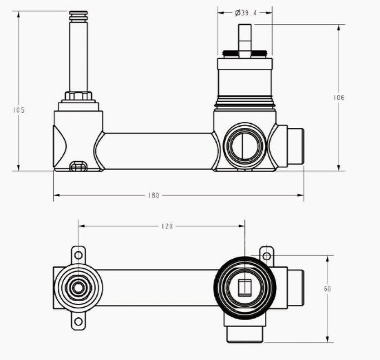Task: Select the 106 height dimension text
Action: [x=339, y=98]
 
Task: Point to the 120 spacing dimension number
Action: [x=167, y=226]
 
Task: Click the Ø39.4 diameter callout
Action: [x=245, y=12]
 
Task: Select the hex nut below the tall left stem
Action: [x=78, y=95]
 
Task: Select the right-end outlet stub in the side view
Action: [x=295, y=146]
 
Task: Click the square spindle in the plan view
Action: [x=244, y=288]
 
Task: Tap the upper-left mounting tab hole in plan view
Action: [x=78, y=255]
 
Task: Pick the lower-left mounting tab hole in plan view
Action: [x=78, y=321]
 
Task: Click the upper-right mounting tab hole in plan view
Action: [x=266, y=255]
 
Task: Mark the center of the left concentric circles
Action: [x=78, y=288]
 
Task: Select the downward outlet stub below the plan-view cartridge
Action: [x=244, y=333]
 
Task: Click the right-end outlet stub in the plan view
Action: [x=295, y=288]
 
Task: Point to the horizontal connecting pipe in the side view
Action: [x=157, y=150]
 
